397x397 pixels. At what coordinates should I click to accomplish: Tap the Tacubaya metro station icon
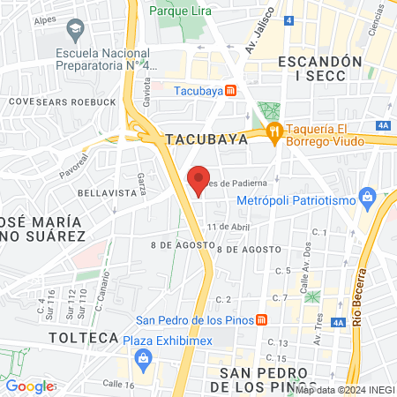pos(230,90)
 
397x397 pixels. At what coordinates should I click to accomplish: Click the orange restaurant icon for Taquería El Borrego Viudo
pos(274,133)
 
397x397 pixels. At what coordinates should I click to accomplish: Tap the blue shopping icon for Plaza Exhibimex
pos(142,358)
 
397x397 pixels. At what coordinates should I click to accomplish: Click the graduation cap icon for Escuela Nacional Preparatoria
pos(73,31)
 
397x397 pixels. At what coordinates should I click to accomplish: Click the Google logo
pos(29,386)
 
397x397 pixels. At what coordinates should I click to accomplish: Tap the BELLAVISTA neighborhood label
pos(103,191)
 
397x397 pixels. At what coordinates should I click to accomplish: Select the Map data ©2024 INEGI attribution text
pos(344,389)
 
